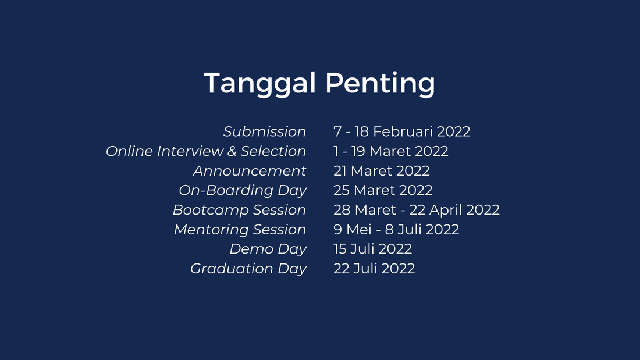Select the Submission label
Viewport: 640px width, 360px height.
265,131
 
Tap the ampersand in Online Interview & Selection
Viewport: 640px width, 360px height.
232,151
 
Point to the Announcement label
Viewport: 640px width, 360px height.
250,170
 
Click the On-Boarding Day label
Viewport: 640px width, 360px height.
243,191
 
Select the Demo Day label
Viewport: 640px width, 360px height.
268,249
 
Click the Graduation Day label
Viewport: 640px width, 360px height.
248,269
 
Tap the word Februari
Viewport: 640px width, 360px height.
403,131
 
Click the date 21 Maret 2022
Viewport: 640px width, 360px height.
381,170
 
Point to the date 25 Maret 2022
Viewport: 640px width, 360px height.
383,190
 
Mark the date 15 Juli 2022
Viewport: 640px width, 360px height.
372,249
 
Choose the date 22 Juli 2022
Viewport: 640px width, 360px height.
374,269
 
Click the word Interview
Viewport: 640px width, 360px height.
190,151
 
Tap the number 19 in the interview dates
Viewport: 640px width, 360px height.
358,151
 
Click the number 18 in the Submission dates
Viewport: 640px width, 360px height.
362,131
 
